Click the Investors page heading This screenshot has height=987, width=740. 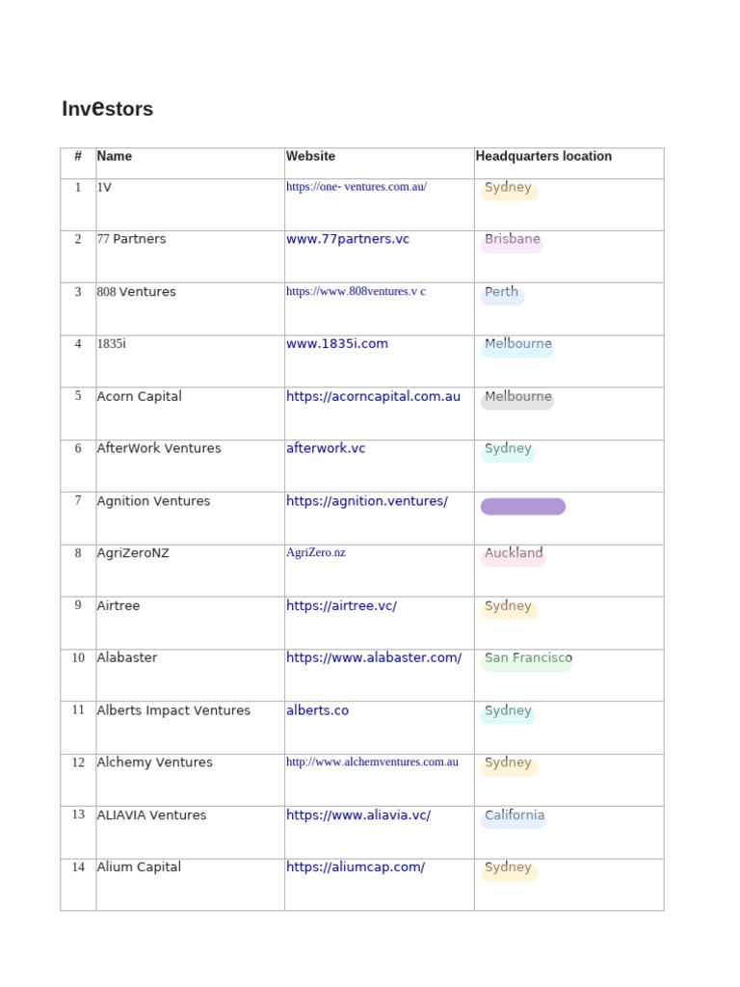tap(107, 109)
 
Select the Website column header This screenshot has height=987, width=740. tap(310, 156)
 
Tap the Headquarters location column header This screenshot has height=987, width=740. tap(543, 156)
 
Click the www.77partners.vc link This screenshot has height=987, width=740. tap(348, 239)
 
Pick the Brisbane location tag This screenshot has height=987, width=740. tap(512, 240)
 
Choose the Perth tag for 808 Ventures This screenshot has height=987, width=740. tap(502, 293)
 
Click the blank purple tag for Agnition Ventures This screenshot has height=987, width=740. tap(522, 507)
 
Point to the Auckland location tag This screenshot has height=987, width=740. tap(514, 554)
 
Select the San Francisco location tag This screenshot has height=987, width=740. tap(527, 659)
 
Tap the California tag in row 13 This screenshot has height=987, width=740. tap(514, 816)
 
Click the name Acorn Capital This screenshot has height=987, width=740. tap(139, 396)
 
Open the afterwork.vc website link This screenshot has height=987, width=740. tap(326, 448)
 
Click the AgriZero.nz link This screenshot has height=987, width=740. tap(315, 552)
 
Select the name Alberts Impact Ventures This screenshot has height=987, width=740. tap(173, 710)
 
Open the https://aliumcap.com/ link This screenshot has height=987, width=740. tap(356, 867)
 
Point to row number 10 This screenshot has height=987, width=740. tap(78, 657)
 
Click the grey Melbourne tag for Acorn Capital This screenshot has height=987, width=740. tap(517, 398)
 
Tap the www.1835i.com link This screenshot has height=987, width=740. tap(337, 343)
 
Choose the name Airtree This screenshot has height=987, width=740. tap(119, 605)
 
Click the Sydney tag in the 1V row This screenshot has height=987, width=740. tap(508, 188)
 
